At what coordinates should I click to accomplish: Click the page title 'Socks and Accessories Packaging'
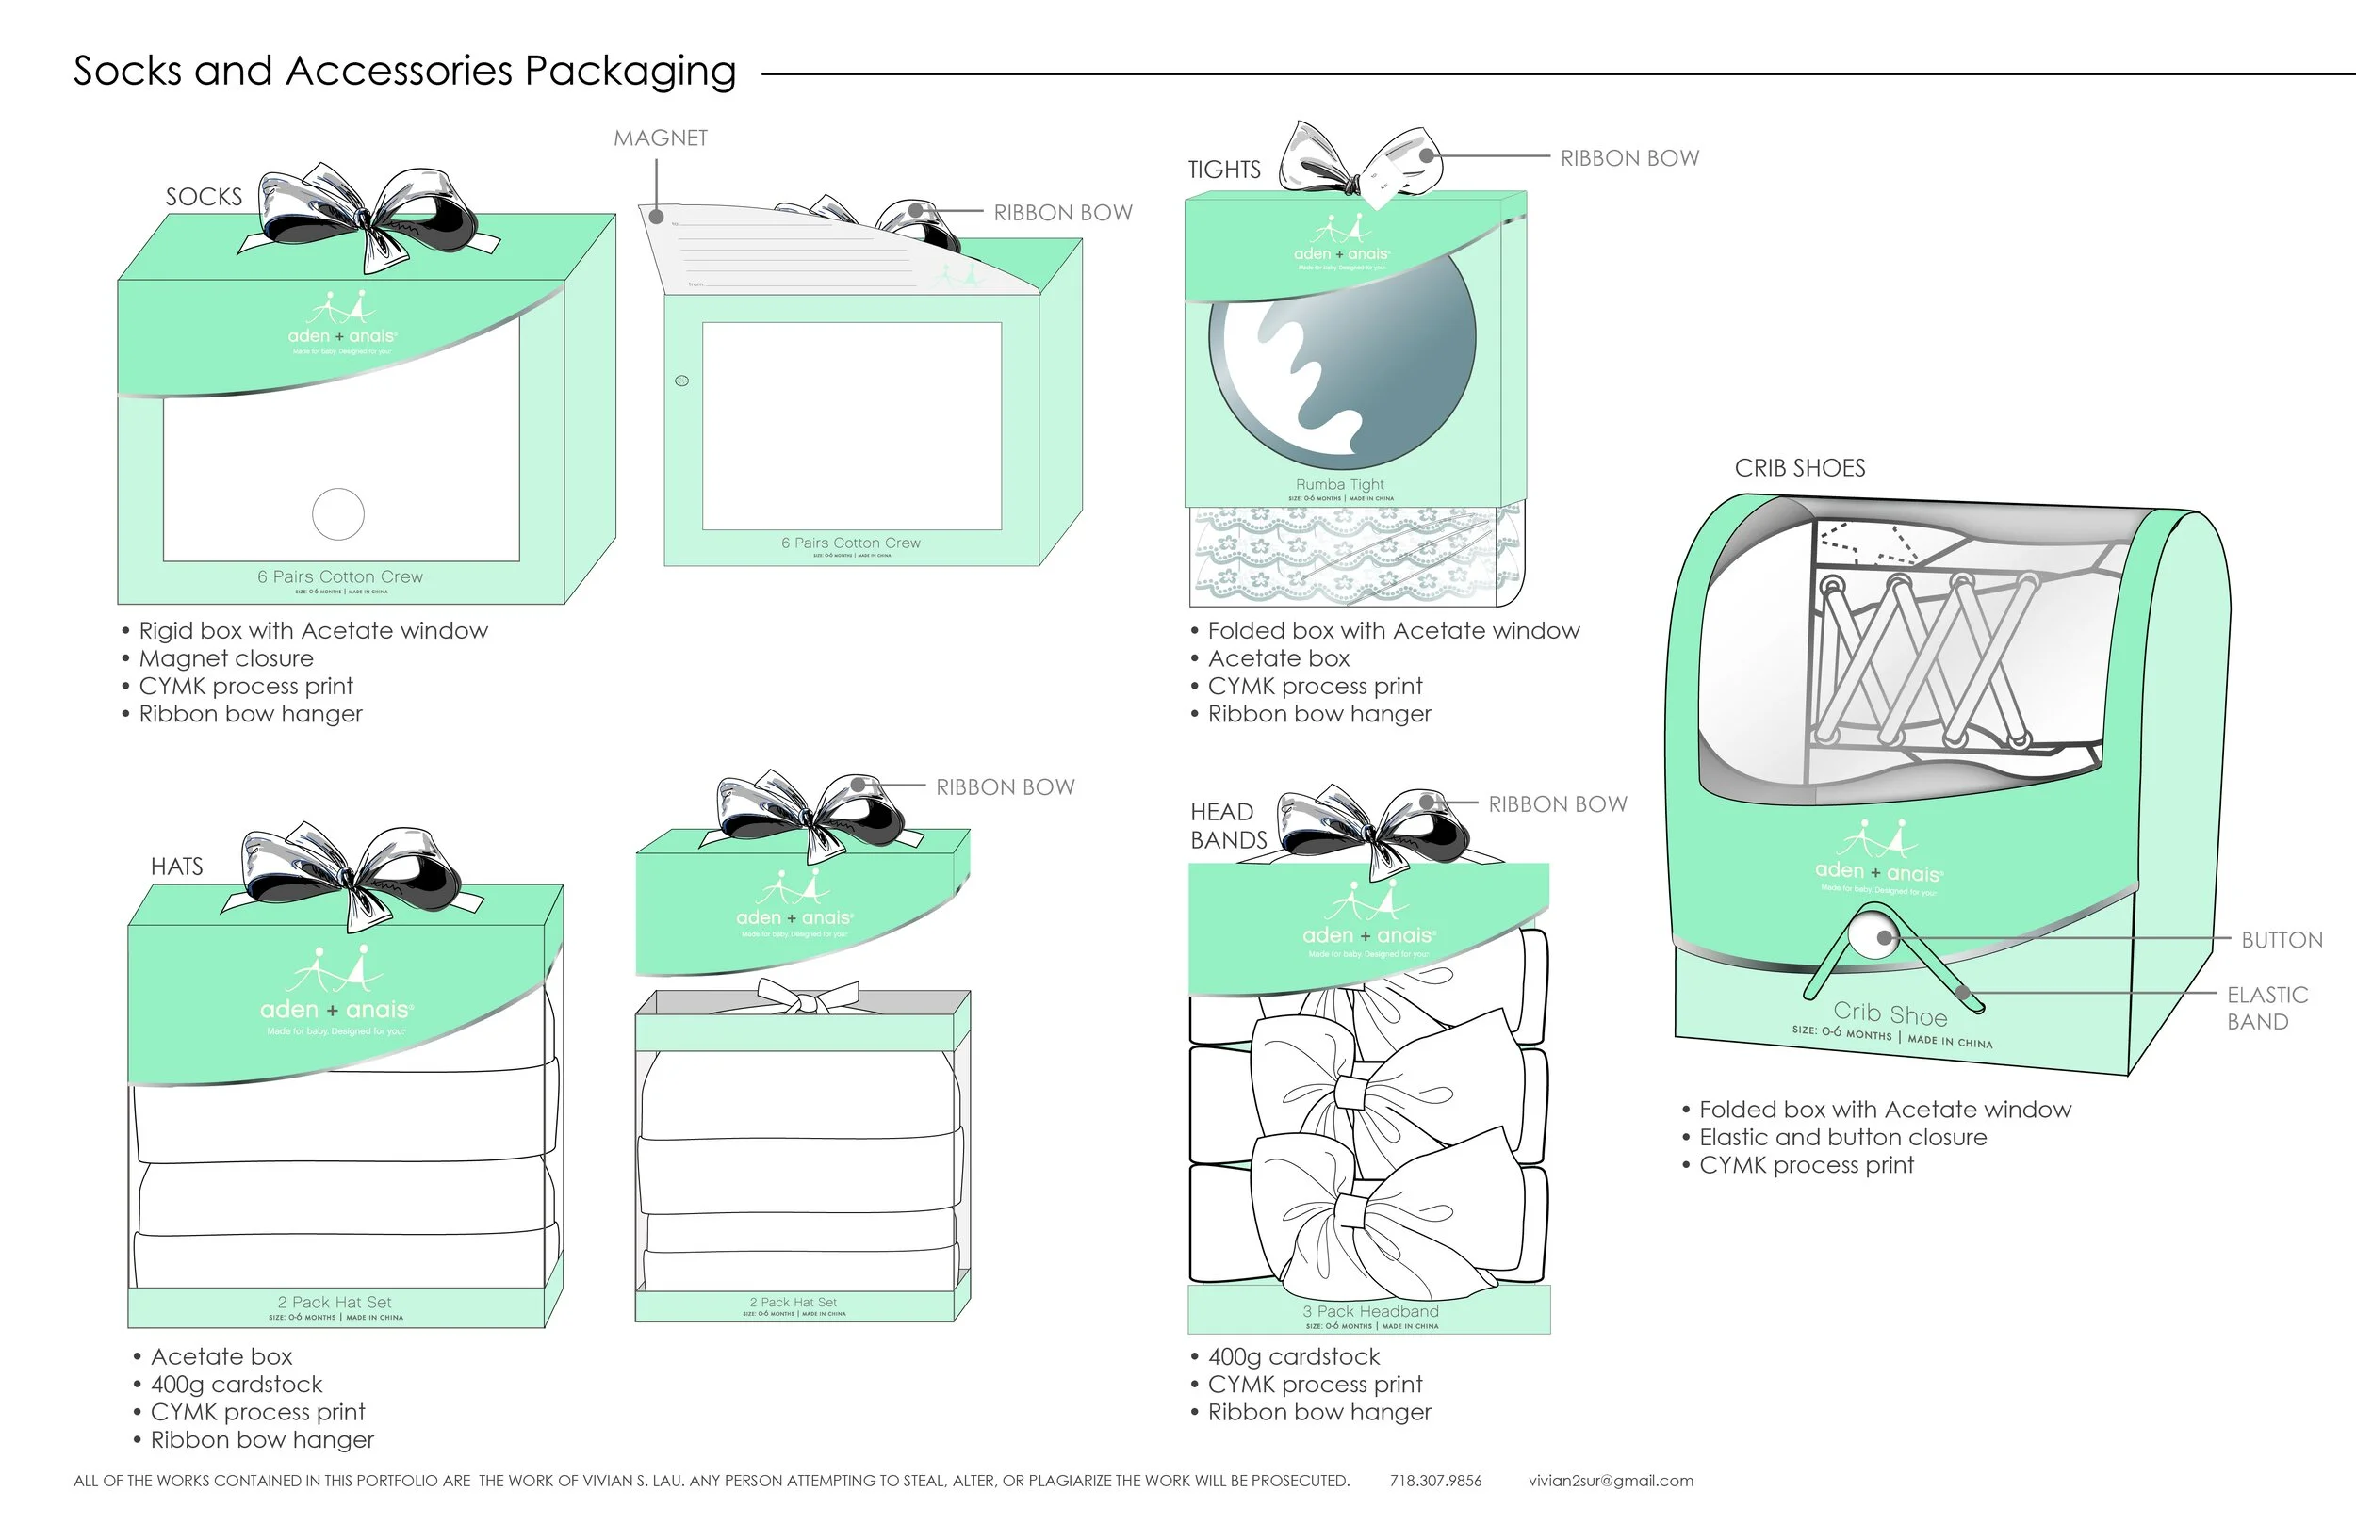404,72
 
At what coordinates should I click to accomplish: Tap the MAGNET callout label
661,138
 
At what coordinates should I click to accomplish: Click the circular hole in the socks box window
337,513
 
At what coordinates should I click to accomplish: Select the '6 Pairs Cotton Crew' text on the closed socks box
339,577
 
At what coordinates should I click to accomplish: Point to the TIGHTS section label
1223,170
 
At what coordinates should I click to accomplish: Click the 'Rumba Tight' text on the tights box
1340,484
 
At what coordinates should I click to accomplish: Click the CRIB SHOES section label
1799,468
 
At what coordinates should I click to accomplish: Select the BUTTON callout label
2281,940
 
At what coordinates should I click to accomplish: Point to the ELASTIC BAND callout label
2266,1009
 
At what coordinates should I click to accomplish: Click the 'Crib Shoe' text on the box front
1889,1013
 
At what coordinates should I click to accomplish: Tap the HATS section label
176,867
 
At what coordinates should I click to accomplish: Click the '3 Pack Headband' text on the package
1370,1311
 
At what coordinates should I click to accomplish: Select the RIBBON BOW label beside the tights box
1628,158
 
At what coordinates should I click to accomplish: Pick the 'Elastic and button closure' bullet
1842,1138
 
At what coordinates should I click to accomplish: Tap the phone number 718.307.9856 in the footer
1435,1482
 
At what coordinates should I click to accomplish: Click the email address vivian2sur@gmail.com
1611,1482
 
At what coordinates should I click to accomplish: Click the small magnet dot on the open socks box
681,381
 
